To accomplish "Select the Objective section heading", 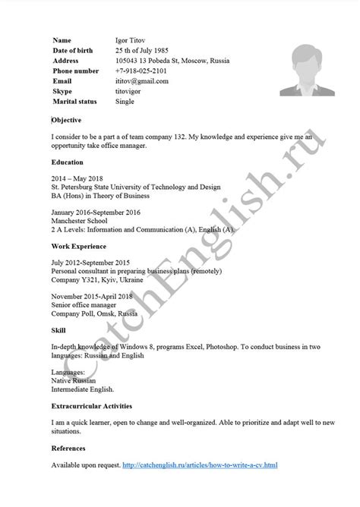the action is (x=67, y=120).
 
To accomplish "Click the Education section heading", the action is (x=68, y=162).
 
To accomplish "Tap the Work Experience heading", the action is (x=78, y=247).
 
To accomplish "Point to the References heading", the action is (x=68, y=448).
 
